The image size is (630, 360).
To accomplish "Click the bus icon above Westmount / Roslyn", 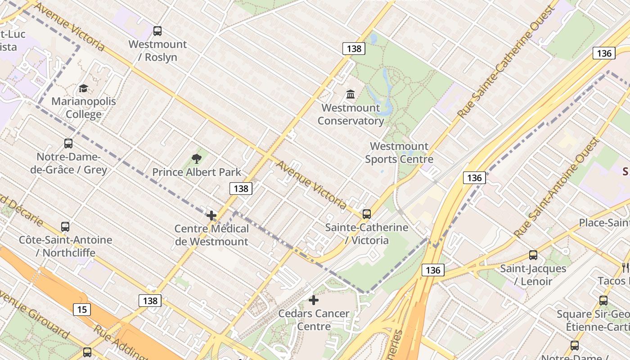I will pos(157,31).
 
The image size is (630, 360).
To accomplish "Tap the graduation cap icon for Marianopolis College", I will pos(83,88).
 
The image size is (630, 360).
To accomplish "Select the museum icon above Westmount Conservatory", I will pos(351,94).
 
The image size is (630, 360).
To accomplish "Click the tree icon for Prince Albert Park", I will pos(196,158).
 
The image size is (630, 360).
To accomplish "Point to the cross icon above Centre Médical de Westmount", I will pos(211,216).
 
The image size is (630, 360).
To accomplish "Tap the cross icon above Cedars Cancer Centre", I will pos(314,300).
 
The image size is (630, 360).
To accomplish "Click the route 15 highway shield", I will pos(81,310).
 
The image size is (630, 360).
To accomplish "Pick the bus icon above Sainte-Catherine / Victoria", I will pos(367,214).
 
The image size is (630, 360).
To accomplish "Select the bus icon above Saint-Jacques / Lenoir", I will pos(533,255).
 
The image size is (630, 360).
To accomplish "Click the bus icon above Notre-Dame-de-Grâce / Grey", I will pos(68,144).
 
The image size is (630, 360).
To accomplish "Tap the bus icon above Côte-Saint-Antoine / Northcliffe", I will pos(65,227).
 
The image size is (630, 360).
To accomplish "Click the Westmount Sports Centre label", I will pos(399,153).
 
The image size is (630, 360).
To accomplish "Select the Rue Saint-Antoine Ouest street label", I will pos(557,188).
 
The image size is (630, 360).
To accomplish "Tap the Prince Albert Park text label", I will pos(197,172).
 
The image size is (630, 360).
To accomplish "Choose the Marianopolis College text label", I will pos(84,108).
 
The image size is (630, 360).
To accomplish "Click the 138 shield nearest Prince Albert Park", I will pos(241,189).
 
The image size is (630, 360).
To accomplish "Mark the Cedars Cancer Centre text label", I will pos(314,320).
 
